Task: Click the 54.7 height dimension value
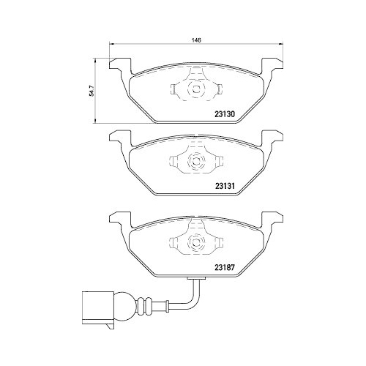(x=91, y=90)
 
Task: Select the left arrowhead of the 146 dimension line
(x=112, y=45)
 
